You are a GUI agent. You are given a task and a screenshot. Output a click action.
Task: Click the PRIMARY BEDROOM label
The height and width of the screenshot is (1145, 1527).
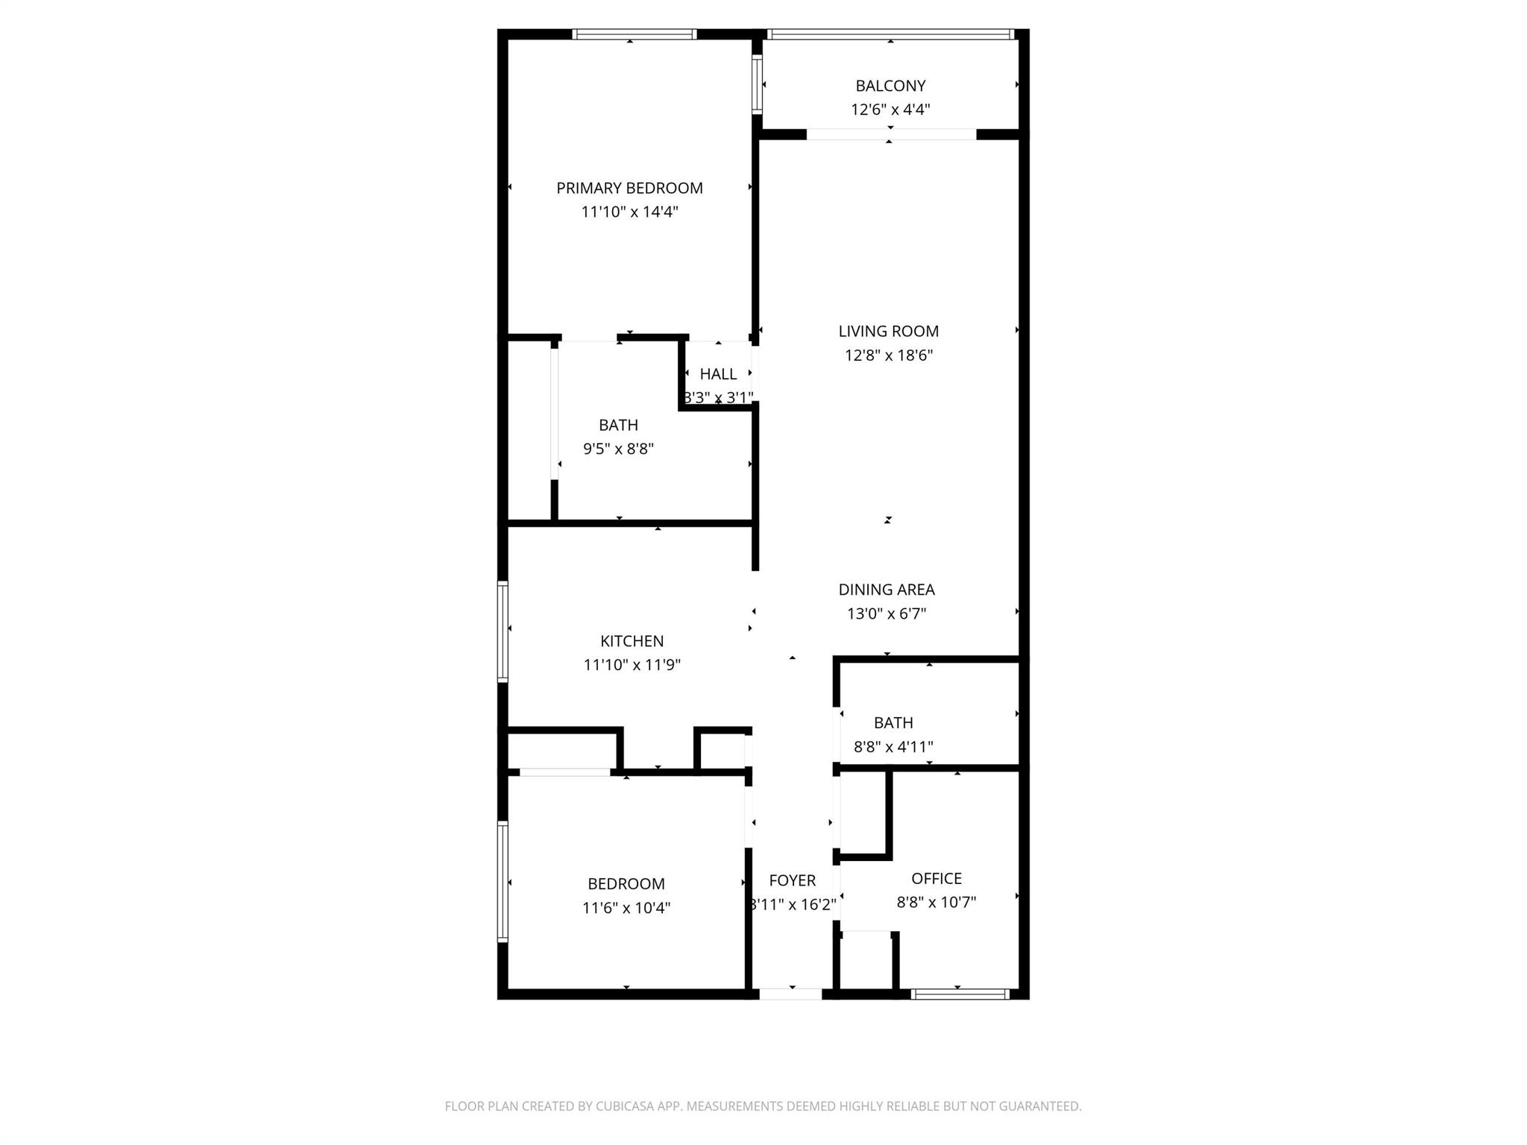coord(629,188)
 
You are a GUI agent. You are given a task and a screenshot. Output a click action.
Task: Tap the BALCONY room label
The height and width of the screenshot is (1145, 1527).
coord(890,86)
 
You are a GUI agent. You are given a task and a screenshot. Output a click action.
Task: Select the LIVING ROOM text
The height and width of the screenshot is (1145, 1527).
coord(888,331)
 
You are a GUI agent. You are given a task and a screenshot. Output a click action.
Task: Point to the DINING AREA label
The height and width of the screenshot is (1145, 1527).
coord(886,590)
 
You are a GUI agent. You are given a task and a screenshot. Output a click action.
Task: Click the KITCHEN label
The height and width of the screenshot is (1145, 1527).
coord(632,641)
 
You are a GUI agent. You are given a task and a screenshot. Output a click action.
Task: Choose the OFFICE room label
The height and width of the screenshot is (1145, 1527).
coord(936,878)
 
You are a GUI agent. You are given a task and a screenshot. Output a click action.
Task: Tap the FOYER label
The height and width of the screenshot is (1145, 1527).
coord(792,880)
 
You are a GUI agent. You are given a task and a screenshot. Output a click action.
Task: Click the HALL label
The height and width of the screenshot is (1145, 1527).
coord(718,374)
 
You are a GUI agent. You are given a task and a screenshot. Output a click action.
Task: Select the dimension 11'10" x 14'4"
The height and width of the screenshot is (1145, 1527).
coord(629,212)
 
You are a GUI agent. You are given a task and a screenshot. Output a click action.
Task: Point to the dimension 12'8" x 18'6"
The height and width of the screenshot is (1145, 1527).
coord(888,355)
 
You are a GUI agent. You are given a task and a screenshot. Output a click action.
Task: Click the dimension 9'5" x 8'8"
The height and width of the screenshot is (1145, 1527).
coord(618,449)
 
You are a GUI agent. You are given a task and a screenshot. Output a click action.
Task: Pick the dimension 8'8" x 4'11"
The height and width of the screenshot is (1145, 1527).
coord(892,746)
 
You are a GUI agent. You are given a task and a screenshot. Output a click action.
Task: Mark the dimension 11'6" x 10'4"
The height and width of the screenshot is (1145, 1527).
coord(626,908)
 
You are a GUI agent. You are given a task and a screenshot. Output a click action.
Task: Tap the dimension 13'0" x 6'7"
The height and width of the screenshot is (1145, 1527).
coord(886,614)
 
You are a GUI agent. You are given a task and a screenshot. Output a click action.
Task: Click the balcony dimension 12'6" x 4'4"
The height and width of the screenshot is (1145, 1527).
coord(890,110)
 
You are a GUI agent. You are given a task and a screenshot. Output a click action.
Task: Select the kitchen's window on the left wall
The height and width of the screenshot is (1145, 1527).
coord(503,631)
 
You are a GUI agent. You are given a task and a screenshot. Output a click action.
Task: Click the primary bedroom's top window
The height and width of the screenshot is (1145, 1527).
coord(634,34)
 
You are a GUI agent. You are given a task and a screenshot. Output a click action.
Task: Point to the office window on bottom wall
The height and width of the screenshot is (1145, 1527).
coord(960,994)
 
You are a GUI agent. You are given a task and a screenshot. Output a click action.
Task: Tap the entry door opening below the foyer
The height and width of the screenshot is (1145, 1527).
coord(790,994)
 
